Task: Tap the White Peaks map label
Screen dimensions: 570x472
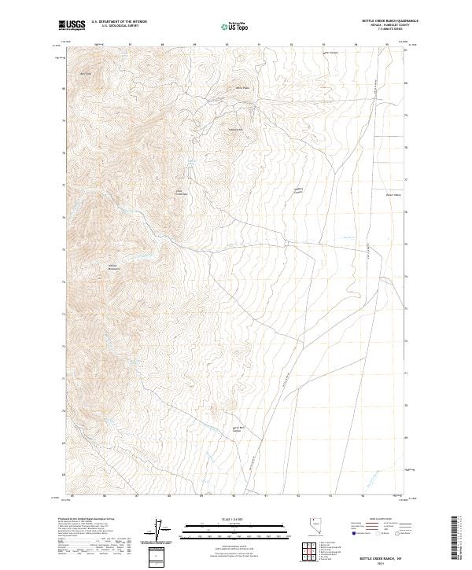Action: pos(243,88)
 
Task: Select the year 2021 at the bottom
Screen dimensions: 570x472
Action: pos(382,564)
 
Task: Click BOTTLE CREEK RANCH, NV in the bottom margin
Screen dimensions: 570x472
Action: pos(382,557)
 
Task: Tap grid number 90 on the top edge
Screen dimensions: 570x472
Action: pos(227,45)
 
